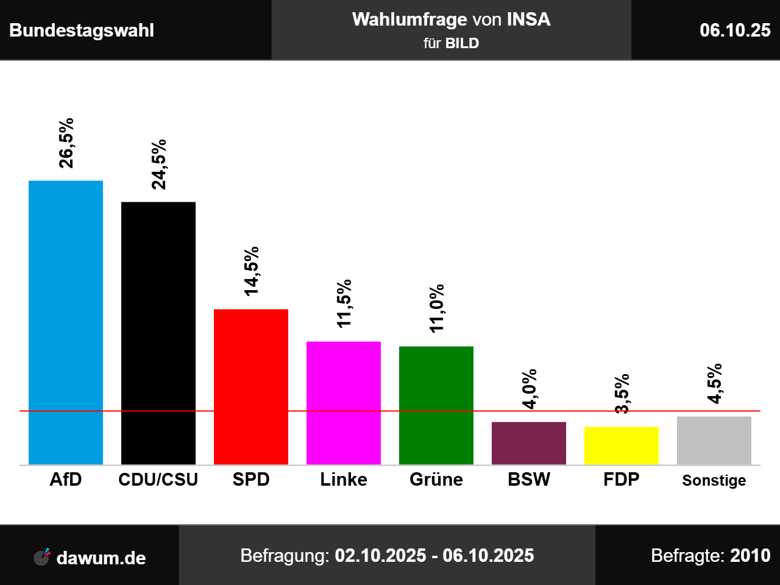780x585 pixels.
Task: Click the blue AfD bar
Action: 66,322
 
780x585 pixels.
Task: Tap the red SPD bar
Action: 251,386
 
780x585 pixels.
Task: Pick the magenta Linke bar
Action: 344,403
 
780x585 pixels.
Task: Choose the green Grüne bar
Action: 436,405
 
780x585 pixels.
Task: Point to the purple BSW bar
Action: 529,443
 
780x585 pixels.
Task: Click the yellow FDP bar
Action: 622,445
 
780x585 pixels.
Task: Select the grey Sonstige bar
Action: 714,441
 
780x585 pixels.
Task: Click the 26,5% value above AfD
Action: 66,143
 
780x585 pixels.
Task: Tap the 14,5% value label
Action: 252,271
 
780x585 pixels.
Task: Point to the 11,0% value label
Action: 437,308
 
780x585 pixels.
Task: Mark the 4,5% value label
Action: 715,383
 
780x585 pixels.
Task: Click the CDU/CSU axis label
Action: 158,480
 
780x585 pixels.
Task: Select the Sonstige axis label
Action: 714,480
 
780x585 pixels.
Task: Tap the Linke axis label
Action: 344,480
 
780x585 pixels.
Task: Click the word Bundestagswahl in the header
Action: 82,30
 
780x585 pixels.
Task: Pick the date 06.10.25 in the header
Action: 735,30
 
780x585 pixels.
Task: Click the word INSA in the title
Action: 528,19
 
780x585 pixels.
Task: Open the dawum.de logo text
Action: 101,558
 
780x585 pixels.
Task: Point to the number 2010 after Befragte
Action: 750,556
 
